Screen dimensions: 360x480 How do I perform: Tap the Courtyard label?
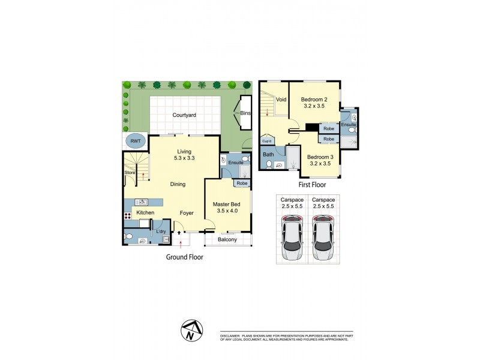[x=184, y=115]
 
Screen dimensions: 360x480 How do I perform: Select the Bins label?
[x=245, y=113]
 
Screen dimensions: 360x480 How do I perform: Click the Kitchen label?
[x=145, y=213]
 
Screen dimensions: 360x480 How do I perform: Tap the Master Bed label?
[x=227, y=208]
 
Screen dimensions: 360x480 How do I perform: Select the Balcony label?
[x=227, y=240]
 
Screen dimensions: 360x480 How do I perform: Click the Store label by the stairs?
[x=129, y=173]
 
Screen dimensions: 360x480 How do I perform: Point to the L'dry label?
[x=160, y=231]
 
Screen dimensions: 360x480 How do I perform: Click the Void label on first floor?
[x=280, y=100]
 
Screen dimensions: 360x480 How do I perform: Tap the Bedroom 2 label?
[x=314, y=102]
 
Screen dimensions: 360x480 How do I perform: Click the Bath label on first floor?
[x=268, y=154]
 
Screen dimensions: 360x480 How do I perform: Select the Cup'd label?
[x=266, y=142]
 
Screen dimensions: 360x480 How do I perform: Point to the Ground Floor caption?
[x=184, y=257]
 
